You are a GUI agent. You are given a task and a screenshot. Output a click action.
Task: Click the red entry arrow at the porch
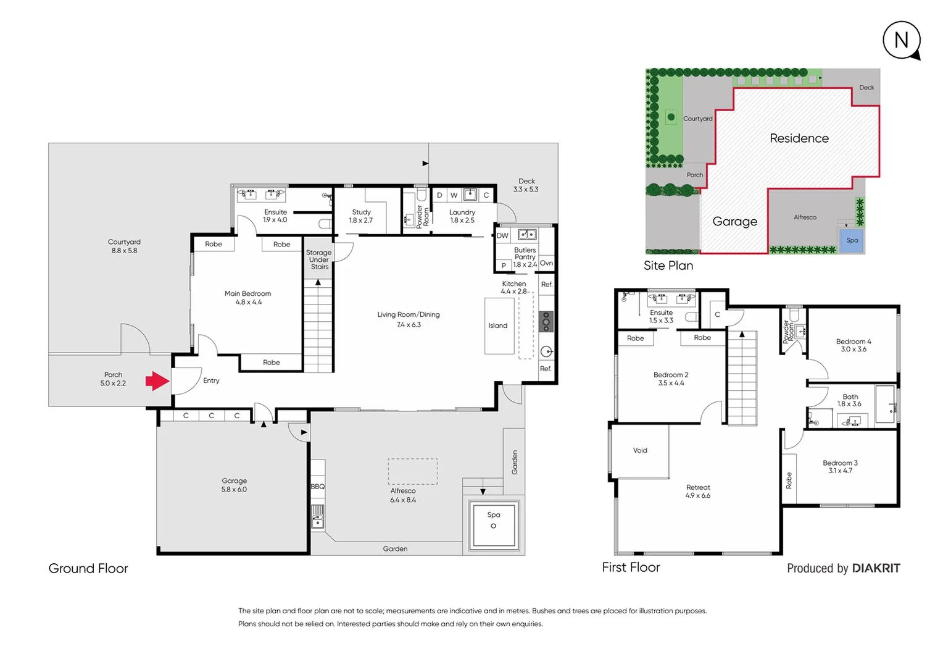pyautogui.click(x=157, y=381)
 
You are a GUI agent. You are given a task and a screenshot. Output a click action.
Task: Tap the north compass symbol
pyautogui.click(x=901, y=40)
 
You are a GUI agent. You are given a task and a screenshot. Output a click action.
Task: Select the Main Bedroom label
pyautogui.click(x=247, y=298)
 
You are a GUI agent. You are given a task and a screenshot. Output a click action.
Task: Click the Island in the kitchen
pyautogui.click(x=498, y=325)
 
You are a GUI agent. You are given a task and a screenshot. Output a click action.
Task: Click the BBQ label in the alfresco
pyautogui.click(x=317, y=487)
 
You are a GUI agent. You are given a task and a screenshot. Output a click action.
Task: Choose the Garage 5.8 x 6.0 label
pyautogui.click(x=234, y=485)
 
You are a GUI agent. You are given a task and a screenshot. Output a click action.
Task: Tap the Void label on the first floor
pyautogui.click(x=640, y=450)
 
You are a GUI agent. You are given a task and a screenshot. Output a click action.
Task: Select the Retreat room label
pyautogui.click(x=697, y=491)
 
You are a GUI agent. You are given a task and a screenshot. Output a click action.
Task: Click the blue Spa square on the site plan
pyautogui.click(x=852, y=240)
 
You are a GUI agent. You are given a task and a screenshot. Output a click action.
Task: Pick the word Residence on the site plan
pyautogui.click(x=799, y=138)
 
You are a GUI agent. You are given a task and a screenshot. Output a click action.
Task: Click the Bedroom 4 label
pyautogui.click(x=853, y=345)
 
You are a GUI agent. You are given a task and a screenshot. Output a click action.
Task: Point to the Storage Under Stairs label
pyautogui.click(x=319, y=259)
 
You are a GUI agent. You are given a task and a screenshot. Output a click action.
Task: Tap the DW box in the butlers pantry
pyautogui.click(x=502, y=235)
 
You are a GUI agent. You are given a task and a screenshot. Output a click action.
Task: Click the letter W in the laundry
pyautogui.click(x=454, y=195)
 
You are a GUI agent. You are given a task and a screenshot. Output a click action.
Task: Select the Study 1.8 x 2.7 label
pyautogui.click(x=361, y=216)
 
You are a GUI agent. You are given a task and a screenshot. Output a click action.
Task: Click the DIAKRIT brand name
pyautogui.click(x=876, y=568)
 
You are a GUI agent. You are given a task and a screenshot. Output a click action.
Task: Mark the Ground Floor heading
pyautogui.click(x=88, y=568)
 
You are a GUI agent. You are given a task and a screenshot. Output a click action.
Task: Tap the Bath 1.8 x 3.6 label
pyautogui.click(x=849, y=400)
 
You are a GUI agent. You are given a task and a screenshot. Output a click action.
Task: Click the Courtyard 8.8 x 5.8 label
pyautogui.click(x=124, y=246)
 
